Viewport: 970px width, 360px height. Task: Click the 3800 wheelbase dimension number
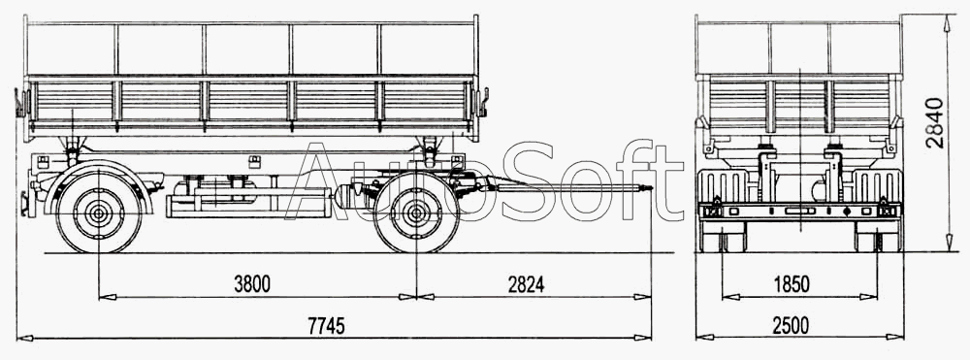click(252, 284)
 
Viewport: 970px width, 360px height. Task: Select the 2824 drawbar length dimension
click(527, 284)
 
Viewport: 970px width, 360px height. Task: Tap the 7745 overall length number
click(326, 325)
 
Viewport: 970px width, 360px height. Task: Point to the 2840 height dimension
click(935, 122)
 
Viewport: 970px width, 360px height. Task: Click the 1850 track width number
click(792, 284)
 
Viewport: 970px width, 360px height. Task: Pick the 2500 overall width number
click(791, 325)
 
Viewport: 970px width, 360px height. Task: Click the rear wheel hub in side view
click(98, 213)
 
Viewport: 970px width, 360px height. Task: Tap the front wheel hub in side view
click(416, 213)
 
